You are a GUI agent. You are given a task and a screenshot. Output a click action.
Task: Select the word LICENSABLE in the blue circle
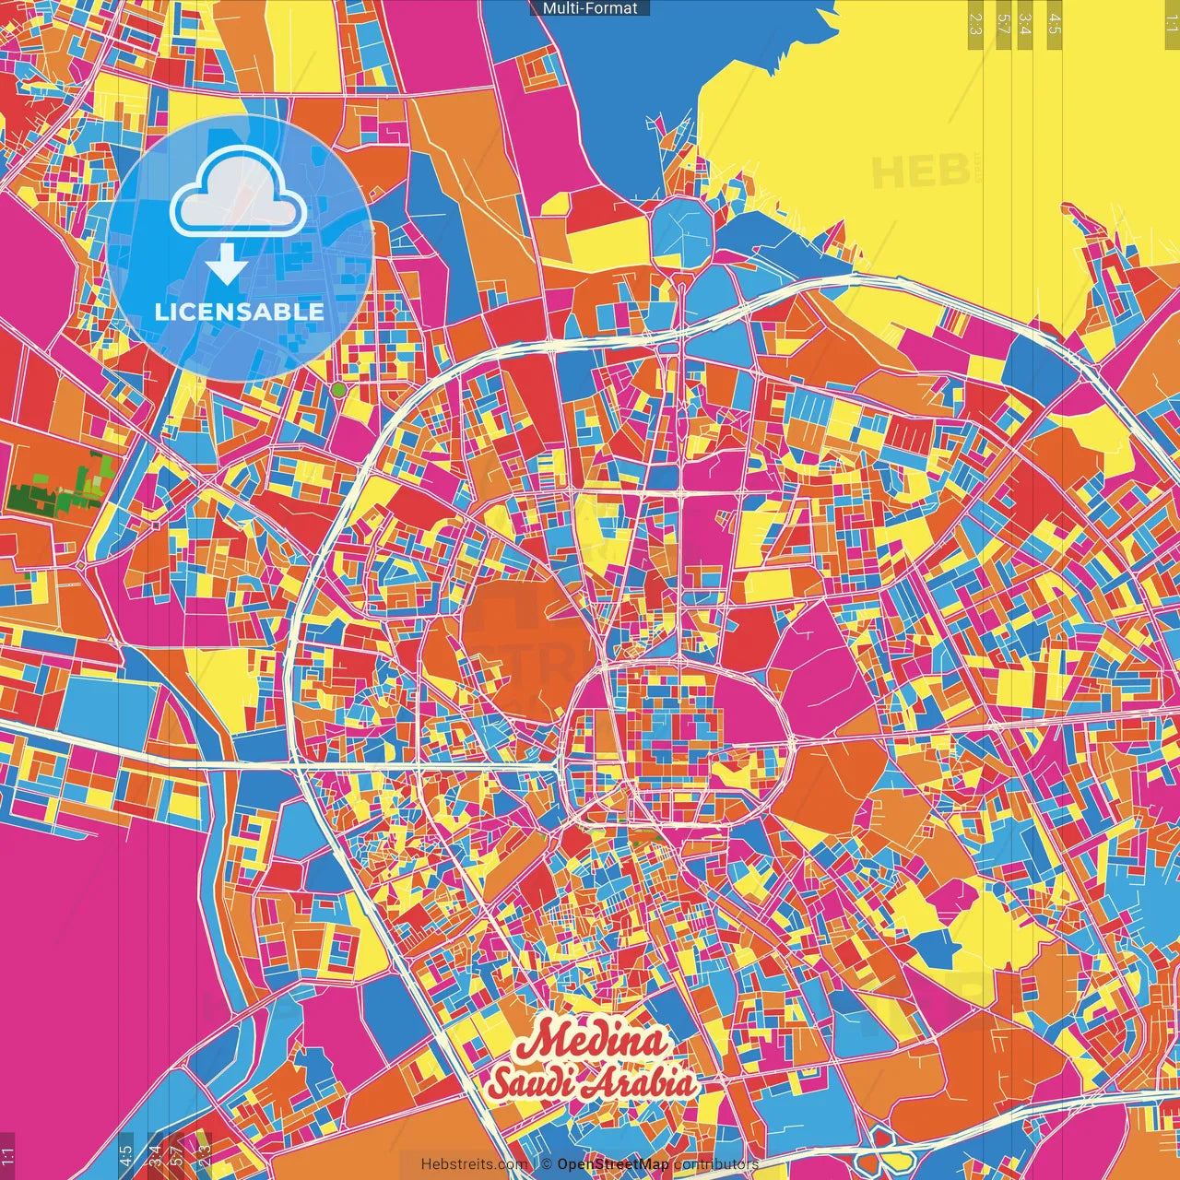[x=239, y=312]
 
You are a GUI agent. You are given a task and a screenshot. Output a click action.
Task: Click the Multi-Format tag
[x=590, y=8]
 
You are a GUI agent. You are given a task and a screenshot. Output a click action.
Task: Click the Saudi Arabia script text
[x=592, y=1083]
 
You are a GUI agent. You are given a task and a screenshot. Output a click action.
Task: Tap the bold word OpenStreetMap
[x=613, y=1164]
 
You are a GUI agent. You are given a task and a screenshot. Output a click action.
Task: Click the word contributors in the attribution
[x=716, y=1164]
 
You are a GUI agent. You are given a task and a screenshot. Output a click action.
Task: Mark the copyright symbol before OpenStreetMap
[x=546, y=1164]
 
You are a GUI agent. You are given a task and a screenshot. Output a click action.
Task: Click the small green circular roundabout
[x=338, y=390]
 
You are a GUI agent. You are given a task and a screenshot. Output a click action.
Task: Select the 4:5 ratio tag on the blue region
[x=126, y=1155]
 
